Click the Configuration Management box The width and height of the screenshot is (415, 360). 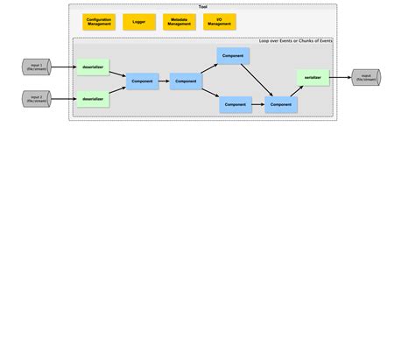(x=99, y=22)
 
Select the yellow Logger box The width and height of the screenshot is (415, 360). (x=139, y=22)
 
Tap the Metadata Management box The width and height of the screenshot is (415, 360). (x=179, y=22)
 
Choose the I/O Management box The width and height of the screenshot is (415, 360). (x=219, y=22)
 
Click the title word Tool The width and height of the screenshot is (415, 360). (x=203, y=7)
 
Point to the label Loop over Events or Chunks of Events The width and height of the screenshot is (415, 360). (x=295, y=41)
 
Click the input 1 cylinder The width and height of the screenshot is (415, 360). (x=36, y=66)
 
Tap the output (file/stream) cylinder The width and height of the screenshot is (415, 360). (x=365, y=78)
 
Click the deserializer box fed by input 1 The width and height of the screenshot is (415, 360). (x=93, y=66)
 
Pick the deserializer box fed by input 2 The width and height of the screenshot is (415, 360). (x=93, y=99)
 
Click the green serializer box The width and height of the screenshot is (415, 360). (x=313, y=78)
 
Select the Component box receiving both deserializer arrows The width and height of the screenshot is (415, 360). (x=143, y=81)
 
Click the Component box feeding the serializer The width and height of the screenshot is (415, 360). (x=281, y=104)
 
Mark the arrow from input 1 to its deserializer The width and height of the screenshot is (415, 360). (x=64, y=66)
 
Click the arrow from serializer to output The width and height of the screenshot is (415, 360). (x=340, y=78)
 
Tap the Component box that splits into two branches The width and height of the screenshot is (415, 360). (x=186, y=81)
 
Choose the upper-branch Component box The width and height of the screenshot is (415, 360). (x=233, y=56)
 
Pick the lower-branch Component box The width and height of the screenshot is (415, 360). (x=236, y=104)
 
